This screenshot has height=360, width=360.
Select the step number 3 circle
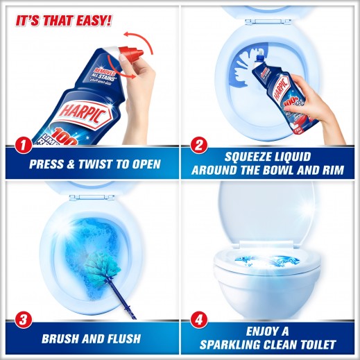click(x=24, y=320)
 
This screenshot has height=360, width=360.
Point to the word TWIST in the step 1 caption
click(x=94, y=165)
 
